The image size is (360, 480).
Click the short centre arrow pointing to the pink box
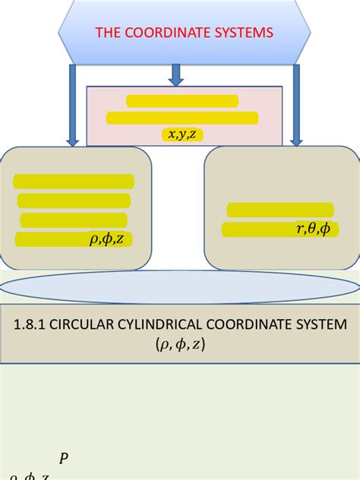tap(176, 74)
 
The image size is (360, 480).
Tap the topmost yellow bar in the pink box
tap(182, 101)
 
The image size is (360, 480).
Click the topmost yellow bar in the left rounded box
tap(74, 182)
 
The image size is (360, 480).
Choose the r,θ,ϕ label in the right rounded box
tap(313, 229)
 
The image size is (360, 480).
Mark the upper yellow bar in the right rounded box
tap(280, 210)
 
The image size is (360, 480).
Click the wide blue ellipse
tap(180, 286)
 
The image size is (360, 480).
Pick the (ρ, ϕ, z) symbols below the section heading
tap(180, 344)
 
